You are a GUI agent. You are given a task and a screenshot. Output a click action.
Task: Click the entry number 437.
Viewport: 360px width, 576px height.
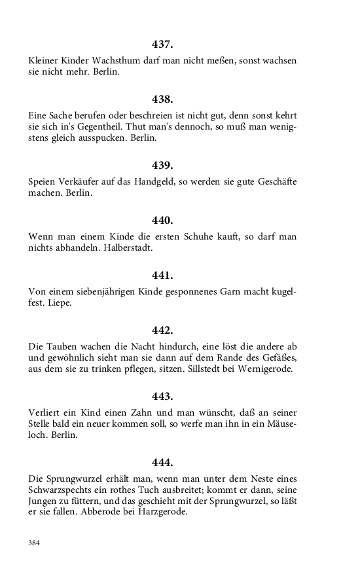[x=162, y=45]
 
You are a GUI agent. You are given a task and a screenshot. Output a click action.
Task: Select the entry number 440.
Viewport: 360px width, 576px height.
[x=162, y=220]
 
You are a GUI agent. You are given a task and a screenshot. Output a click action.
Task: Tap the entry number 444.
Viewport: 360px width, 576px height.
[x=162, y=463]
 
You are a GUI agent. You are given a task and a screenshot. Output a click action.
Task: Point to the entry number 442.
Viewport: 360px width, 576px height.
[x=162, y=330]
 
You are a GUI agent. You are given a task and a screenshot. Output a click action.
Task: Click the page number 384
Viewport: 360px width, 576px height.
[x=34, y=543]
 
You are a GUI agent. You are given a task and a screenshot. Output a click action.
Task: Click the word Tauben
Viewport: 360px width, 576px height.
[x=61, y=346]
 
